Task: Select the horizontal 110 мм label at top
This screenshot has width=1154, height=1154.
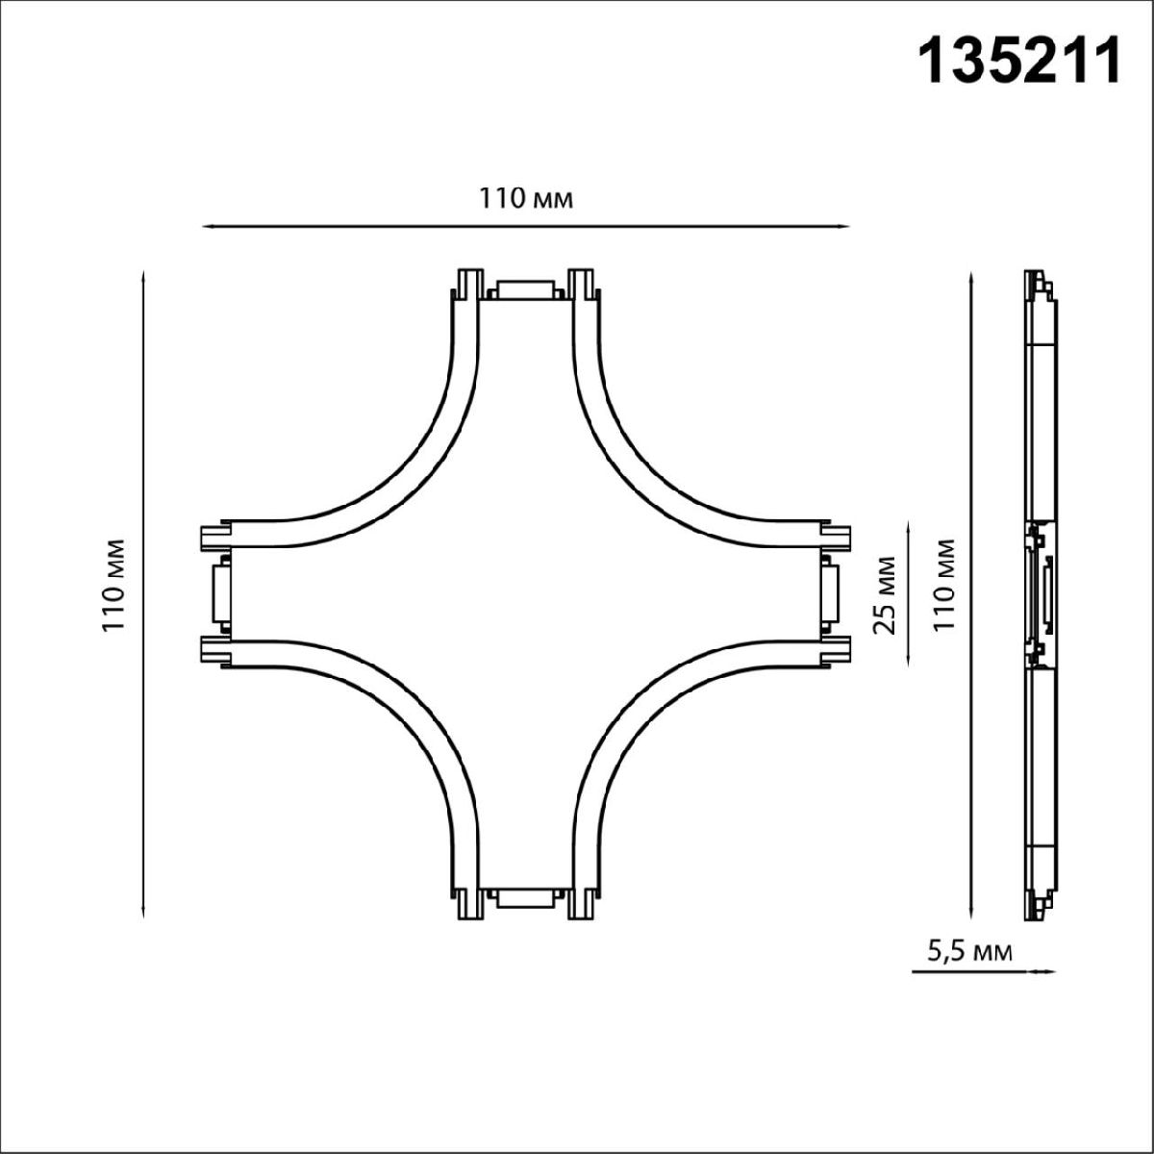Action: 526,199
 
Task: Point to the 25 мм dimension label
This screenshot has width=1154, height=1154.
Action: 887,594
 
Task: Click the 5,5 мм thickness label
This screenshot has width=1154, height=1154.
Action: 969,952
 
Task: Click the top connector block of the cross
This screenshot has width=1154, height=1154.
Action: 524,290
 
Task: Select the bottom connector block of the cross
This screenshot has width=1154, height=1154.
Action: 524,898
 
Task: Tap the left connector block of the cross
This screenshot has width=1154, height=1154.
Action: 220,594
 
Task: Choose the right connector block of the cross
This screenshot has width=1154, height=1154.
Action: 828,594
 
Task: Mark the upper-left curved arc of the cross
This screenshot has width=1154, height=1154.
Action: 385,452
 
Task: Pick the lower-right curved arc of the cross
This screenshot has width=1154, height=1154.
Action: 664,736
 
